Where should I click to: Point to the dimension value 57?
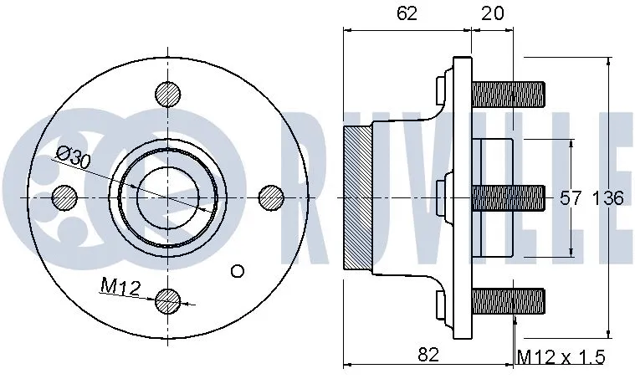click(x=570, y=198)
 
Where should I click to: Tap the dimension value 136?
click(x=607, y=198)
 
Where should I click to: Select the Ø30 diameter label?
click(x=74, y=157)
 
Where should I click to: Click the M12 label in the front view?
click(x=119, y=287)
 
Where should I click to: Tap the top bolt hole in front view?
click(x=168, y=94)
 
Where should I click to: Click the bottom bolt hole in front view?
click(x=168, y=299)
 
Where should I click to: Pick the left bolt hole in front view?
click(x=64, y=197)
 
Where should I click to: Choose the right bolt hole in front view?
click(x=271, y=197)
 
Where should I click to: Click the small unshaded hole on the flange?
click(x=237, y=270)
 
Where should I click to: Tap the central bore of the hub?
click(x=167, y=197)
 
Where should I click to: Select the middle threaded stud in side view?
click(x=509, y=197)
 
